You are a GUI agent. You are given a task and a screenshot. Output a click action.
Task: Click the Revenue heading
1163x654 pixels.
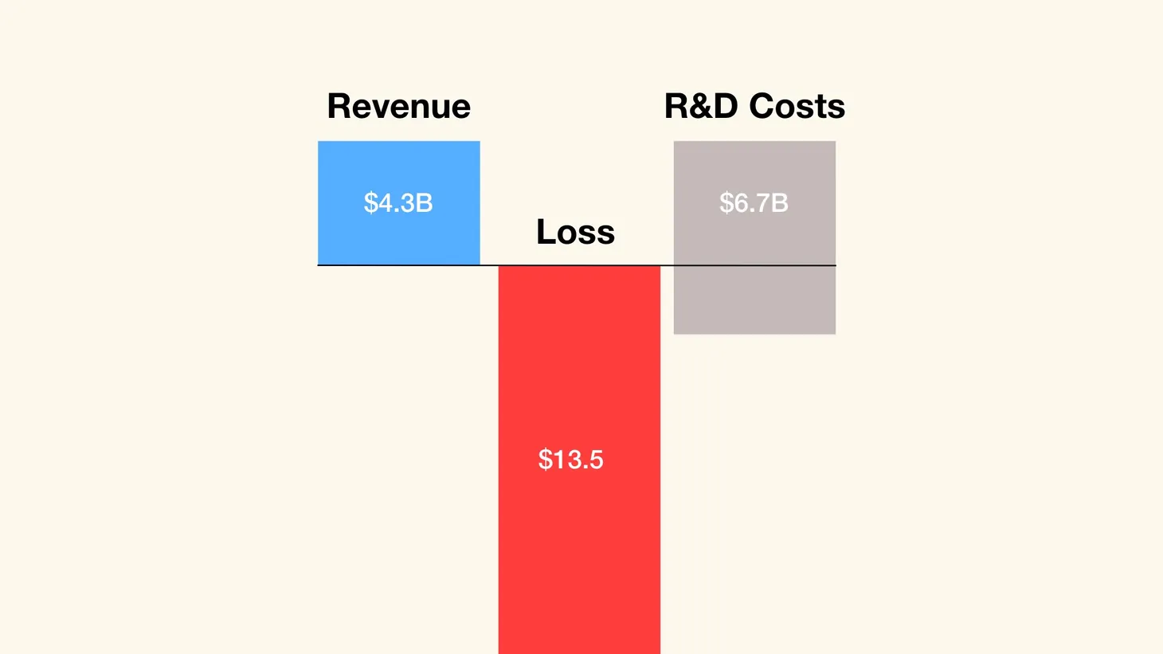[x=398, y=107]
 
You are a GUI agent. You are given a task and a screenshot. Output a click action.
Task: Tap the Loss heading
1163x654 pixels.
[x=575, y=233]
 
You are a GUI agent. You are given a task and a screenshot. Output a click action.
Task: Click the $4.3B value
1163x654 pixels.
[x=398, y=203]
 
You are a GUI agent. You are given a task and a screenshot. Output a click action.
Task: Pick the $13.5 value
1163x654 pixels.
[x=570, y=460]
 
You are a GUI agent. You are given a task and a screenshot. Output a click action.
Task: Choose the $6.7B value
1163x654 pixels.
[x=754, y=203]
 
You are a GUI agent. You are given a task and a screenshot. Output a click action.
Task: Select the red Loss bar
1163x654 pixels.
[x=579, y=358]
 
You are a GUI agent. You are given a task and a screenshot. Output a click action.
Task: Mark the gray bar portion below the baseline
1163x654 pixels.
[x=754, y=300]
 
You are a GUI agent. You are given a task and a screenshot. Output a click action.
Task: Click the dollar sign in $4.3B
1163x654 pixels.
[x=370, y=203]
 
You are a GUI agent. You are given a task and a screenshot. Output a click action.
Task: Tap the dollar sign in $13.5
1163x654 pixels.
[x=545, y=460]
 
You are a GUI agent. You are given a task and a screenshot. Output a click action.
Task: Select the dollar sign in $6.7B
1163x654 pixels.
[x=726, y=203]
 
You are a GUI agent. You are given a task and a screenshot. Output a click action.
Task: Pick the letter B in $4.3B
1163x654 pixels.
[x=425, y=203]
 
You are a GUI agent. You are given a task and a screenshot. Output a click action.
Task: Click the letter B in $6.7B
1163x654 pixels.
[x=780, y=203]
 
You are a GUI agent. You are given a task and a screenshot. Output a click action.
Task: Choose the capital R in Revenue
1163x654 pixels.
[x=339, y=107]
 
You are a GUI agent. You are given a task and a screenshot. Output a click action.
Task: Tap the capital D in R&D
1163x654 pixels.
[x=724, y=107]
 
